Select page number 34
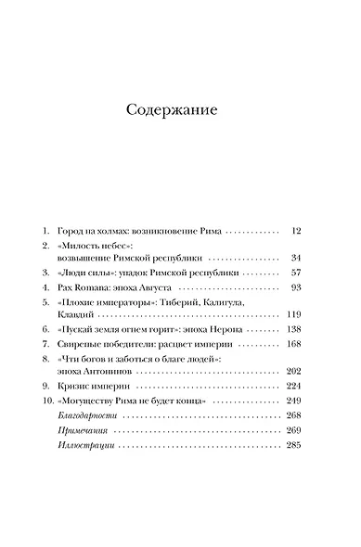click(297, 283)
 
